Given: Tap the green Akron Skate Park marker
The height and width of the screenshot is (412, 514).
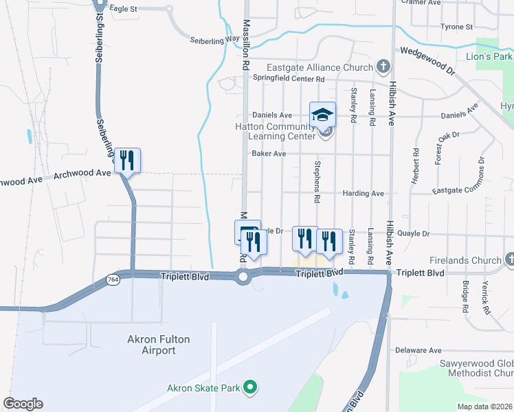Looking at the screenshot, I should tap(251, 388).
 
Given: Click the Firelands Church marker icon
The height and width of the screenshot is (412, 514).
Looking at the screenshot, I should tap(509, 260).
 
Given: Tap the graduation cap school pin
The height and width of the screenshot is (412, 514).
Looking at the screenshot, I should tap(322, 115).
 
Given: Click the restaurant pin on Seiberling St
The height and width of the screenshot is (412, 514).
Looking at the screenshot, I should tap(127, 161).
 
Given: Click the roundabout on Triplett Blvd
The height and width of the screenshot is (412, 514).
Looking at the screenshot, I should tap(243, 277).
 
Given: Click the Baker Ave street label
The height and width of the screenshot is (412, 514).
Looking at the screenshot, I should tap(269, 154).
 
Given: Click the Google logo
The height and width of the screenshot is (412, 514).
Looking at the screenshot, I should tap(23, 404).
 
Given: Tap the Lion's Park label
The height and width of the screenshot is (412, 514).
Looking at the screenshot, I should tap(489, 56).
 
